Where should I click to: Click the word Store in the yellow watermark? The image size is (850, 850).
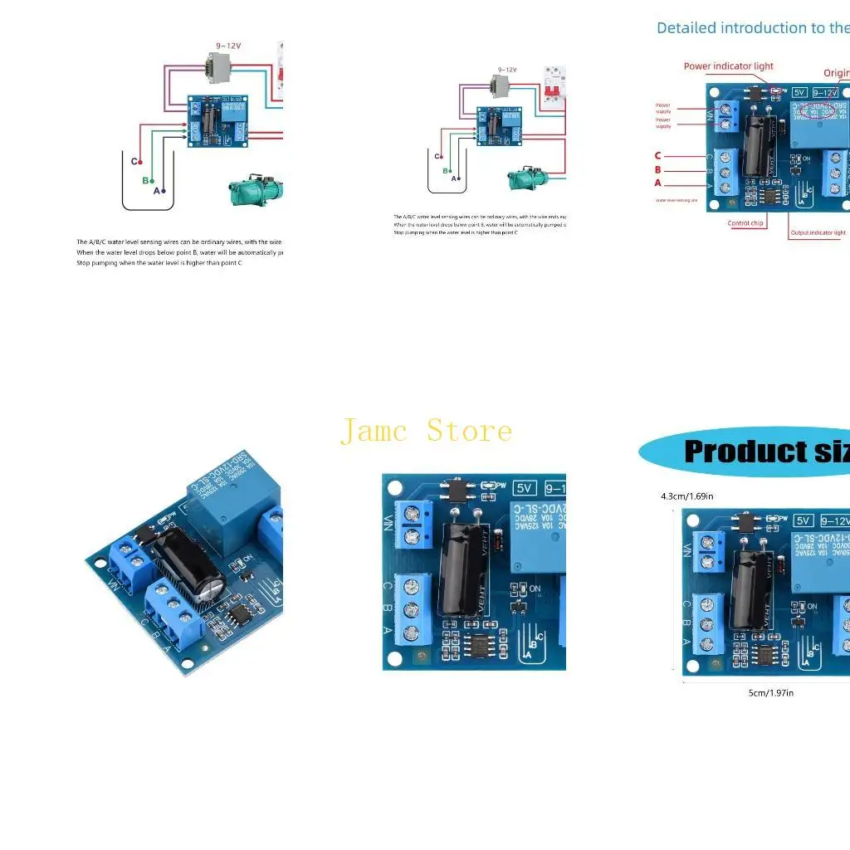point(470,431)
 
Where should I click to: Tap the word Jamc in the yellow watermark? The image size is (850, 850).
point(374,431)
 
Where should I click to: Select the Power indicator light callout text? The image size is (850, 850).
point(728,66)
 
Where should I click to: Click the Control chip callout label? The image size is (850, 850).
point(745,223)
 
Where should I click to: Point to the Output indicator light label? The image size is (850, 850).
point(818,233)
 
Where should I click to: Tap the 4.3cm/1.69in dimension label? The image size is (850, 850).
point(686,496)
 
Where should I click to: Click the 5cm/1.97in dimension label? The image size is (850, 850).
point(771,692)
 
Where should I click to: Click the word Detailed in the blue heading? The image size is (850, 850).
point(686,28)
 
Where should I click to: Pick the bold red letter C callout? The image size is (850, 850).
point(658,155)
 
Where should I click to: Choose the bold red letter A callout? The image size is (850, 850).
point(658,183)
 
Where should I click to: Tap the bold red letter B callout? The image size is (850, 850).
point(658,169)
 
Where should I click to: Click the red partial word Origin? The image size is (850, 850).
point(836,73)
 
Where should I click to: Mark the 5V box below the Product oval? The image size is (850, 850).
point(803,520)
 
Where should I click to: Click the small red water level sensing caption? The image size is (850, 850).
point(677,200)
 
